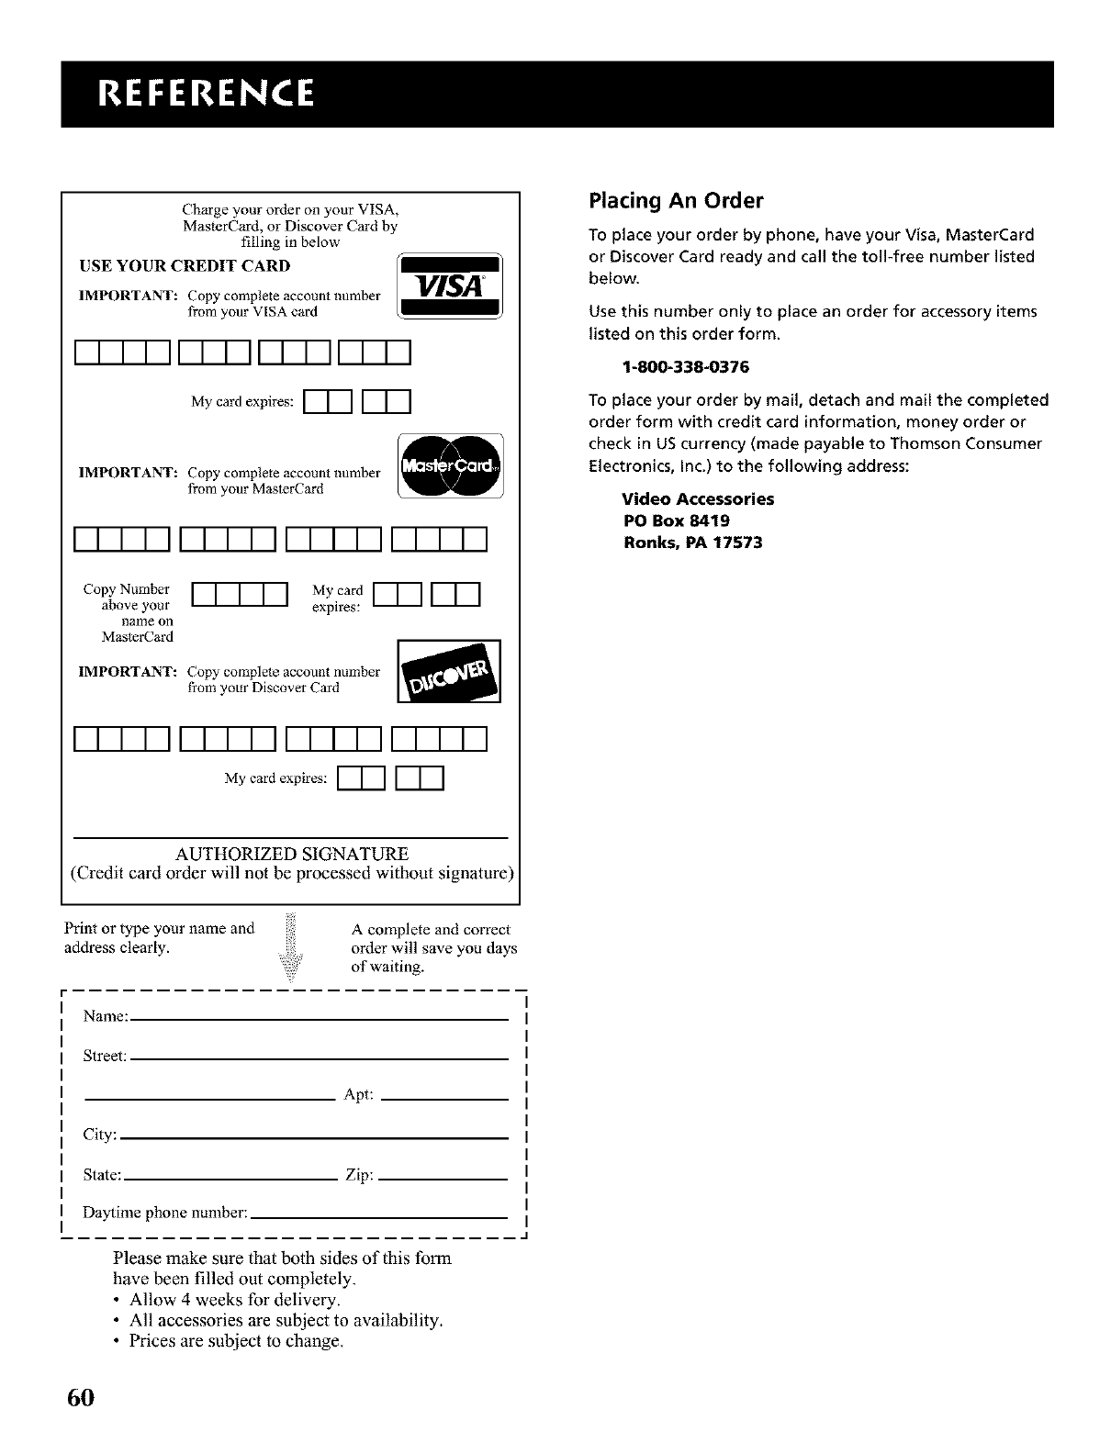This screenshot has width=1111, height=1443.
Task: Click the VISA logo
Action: click(449, 285)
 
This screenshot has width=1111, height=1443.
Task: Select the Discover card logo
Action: click(449, 671)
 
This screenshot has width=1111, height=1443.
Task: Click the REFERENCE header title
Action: click(197, 94)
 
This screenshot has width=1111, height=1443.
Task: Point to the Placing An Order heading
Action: click(676, 200)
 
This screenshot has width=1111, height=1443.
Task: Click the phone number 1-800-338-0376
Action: click(685, 367)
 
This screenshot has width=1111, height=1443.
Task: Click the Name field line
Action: click(321, 1019)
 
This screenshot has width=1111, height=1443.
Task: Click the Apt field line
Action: click(444, 1098)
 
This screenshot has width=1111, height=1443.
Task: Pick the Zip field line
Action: click(443, 1178)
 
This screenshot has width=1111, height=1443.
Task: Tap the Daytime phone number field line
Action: click(378, 1216)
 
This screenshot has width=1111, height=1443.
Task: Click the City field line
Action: click(314, 1138)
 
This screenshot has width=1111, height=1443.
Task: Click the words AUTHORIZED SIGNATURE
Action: click(291, 854)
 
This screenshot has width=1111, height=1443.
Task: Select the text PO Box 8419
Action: click(676, 520)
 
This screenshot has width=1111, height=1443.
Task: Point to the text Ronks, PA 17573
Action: click(692, 543)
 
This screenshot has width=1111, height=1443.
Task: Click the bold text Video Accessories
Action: click(698, 498)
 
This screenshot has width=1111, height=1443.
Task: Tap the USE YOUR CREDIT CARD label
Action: click(185, 266)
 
